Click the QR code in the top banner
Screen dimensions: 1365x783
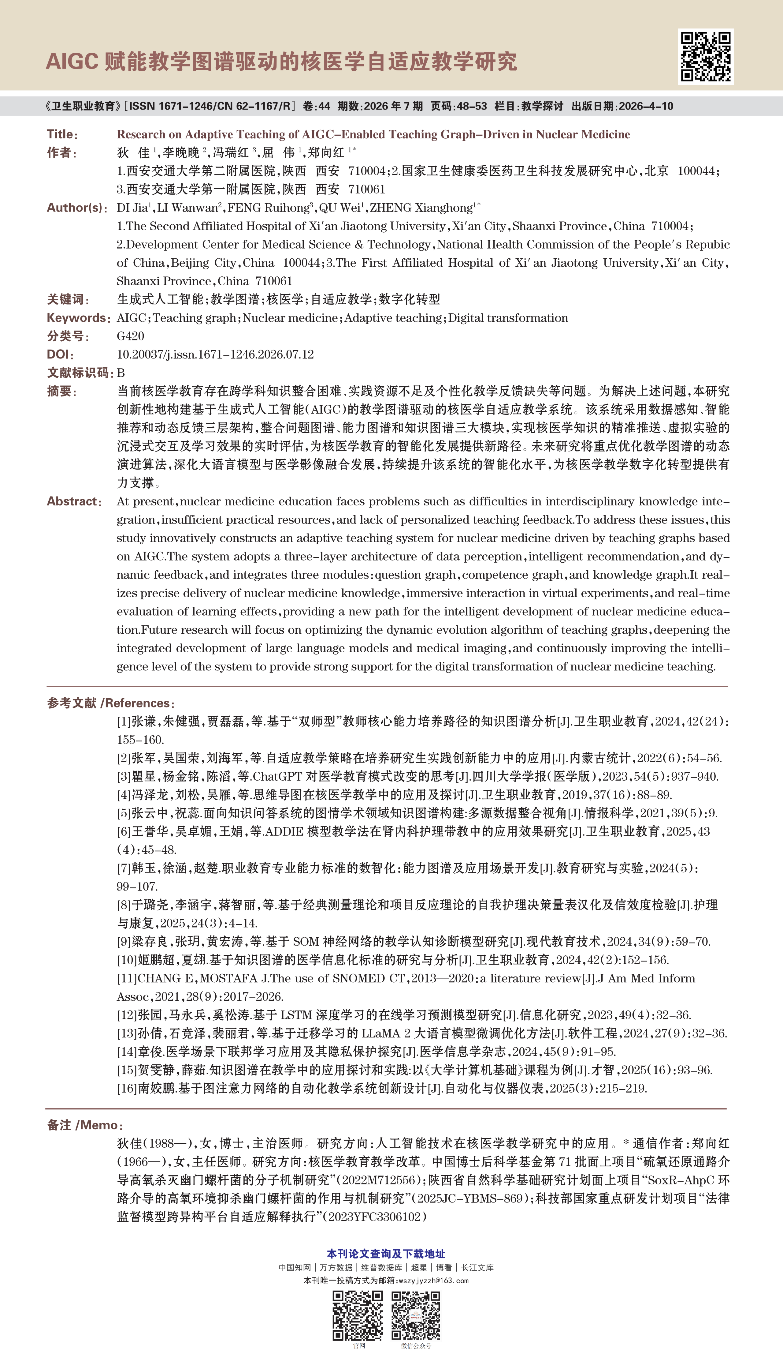[706, 57]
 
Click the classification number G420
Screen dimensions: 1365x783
[130, 336]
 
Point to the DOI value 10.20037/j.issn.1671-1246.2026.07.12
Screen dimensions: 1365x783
[215, 354]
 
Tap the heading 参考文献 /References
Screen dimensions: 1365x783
[110, 703]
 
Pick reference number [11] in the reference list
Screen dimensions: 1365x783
[127, 979]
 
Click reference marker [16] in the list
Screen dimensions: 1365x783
[127, 1088]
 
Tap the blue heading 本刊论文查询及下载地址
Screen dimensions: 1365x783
[386, 1254]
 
